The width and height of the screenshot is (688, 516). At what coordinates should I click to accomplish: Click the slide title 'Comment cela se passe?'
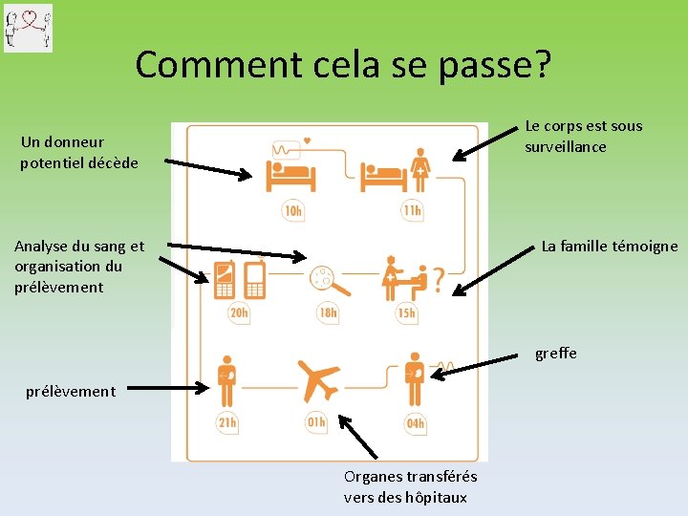tap(343, 64)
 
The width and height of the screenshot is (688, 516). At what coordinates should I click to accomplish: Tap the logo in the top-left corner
tap(29, 28)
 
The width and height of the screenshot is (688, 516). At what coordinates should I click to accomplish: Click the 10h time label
tap(293, 210)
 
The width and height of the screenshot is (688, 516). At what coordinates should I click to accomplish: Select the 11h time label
tap(413, 210)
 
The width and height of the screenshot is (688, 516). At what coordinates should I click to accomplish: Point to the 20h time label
tap(239, 312)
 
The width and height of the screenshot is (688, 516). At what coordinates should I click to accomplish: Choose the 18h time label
tap(327, 312)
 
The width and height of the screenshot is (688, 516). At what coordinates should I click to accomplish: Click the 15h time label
tap(407, 312)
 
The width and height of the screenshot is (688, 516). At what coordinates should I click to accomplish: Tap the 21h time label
tap(227, 422)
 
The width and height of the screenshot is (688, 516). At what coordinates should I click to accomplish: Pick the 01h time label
tap(316, 422)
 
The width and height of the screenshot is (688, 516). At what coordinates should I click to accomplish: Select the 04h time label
tap(416, 422)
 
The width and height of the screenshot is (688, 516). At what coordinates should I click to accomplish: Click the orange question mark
tap(438, 279)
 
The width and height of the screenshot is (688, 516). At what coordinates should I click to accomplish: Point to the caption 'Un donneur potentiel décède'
tap(79, 152)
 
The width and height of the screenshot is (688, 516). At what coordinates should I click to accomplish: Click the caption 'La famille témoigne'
tap(610, 246)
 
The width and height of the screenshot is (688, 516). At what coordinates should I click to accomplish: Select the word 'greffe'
tap(556, 354)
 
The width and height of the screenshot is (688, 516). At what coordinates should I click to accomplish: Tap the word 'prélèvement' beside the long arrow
tap(71, 390)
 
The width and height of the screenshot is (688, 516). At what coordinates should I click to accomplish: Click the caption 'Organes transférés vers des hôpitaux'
tap(411, 486)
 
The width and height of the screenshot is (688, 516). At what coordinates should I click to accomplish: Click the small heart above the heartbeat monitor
tap(307, 141)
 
